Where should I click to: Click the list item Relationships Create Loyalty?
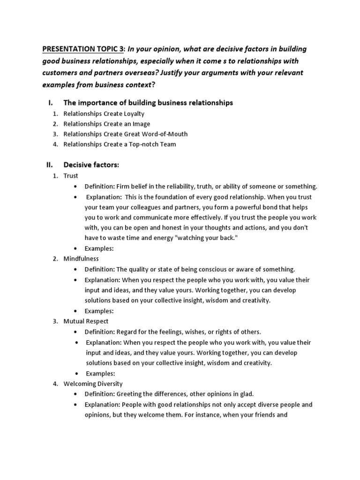[x=104, y=113]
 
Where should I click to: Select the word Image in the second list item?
[x=141, y=124]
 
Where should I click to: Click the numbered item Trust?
[x=71, y=176]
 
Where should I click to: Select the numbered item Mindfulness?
[x=81, y=259]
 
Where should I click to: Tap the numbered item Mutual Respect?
[x=86, y=321]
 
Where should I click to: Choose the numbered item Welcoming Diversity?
[x=93, y=383]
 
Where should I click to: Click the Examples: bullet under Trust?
[x=99, y=248]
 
